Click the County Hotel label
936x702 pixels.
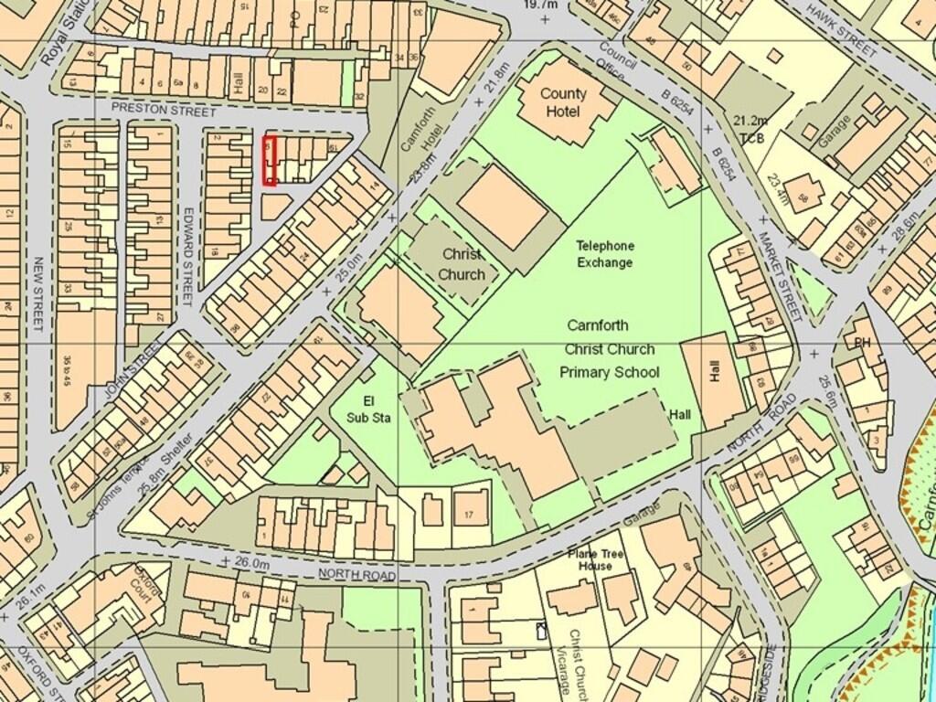click(562, 102)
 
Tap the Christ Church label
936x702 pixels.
click(462, 263)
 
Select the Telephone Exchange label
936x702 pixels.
click(604, 254)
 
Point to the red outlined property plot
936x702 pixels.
click(270, 161)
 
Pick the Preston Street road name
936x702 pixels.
click(164, 111)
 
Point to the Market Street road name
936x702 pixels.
click(778, 275)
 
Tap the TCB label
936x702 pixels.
click(752, 139)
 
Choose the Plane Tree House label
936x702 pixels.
click(595, 559)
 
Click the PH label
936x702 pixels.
click(861, 343)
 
